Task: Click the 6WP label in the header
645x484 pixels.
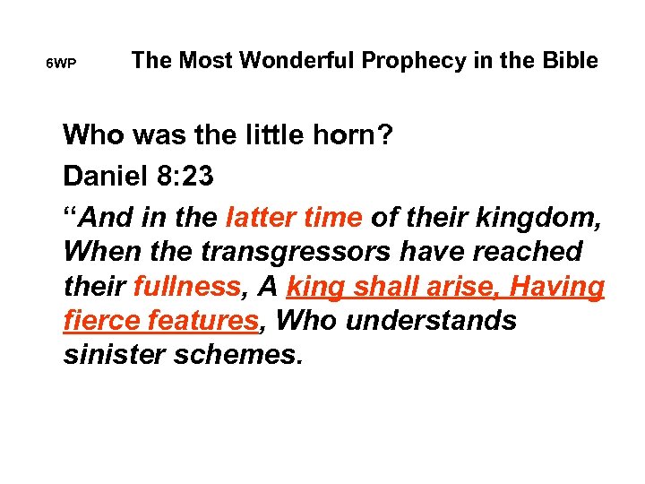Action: [x=61, y=65]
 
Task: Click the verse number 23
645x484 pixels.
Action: [x=196, y=176]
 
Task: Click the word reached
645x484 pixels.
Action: [x=537, y=251]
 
